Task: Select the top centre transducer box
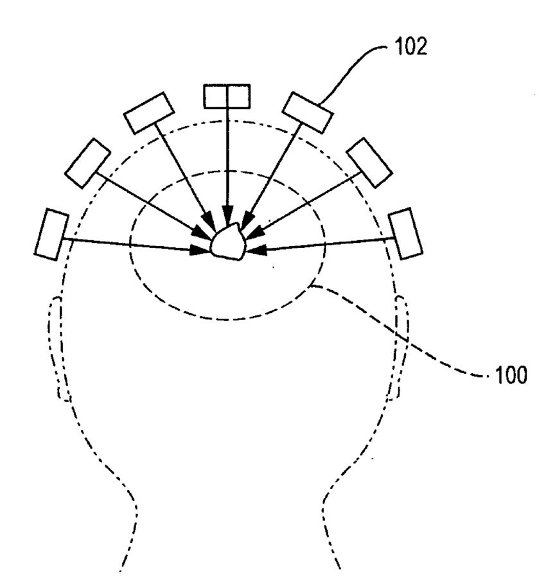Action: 227,96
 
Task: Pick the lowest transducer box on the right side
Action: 406,233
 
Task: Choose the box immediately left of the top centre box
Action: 148,113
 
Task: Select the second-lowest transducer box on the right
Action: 369,160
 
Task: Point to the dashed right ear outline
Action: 401,347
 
